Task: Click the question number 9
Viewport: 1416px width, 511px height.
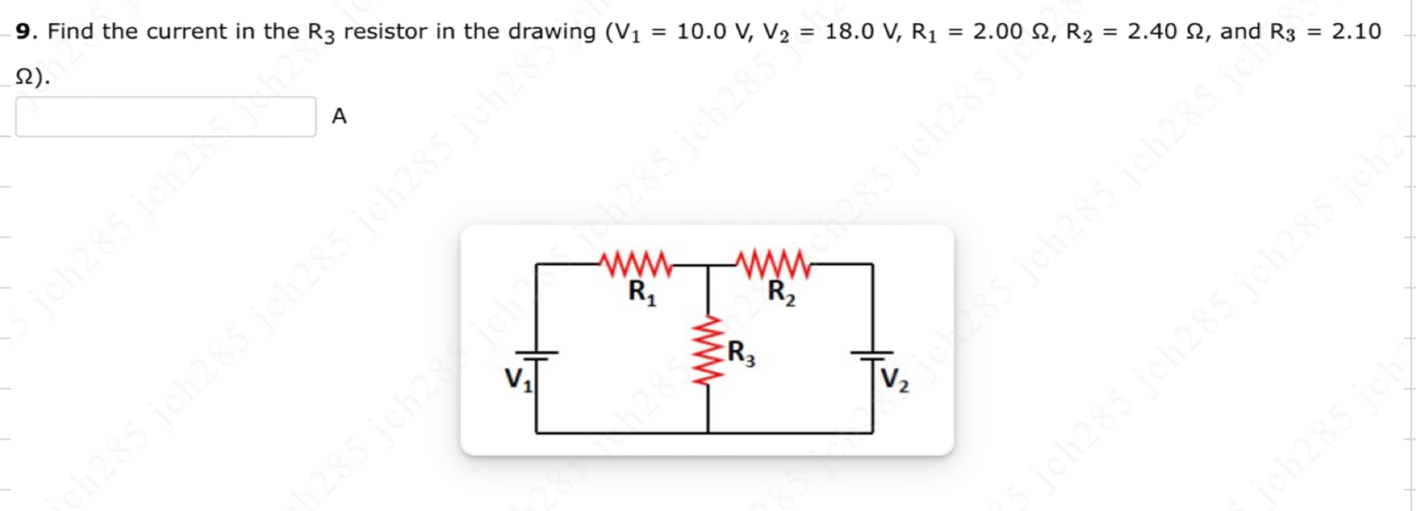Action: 24,32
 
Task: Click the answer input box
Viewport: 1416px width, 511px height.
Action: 166,117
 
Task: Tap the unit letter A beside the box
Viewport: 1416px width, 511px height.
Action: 339,116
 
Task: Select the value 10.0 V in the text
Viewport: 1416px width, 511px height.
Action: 712,32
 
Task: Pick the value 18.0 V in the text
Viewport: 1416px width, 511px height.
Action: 861,32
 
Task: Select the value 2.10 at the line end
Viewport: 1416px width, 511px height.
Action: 1356,32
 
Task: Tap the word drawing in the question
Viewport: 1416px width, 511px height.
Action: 552,32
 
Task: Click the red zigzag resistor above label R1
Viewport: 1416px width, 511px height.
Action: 636,264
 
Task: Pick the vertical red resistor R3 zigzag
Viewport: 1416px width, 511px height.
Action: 709,350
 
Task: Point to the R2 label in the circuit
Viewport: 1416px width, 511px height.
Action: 781,293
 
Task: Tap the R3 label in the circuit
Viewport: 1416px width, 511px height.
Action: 741,353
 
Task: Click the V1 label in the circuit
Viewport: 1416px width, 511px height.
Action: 518,380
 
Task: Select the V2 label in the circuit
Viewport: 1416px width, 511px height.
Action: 894,380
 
